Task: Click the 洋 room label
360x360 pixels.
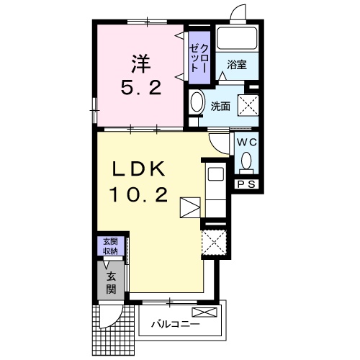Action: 140,64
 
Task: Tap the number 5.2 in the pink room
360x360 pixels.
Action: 140,88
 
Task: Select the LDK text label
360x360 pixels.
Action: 138,169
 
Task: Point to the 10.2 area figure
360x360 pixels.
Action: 138,195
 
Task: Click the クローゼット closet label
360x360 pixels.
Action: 199,58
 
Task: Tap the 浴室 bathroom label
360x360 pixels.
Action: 237,64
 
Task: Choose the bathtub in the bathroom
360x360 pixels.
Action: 237,38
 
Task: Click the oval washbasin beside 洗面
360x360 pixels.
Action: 197,102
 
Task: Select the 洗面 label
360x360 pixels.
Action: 220,107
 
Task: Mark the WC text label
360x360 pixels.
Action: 247,142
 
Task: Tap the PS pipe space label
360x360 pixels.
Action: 246,184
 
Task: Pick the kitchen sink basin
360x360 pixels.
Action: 216,174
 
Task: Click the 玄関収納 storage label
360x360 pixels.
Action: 110,246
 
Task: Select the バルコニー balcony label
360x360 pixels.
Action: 176,325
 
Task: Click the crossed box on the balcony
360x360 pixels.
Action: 204,312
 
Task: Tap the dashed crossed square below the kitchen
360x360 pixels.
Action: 214,243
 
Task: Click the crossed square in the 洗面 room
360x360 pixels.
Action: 248,106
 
